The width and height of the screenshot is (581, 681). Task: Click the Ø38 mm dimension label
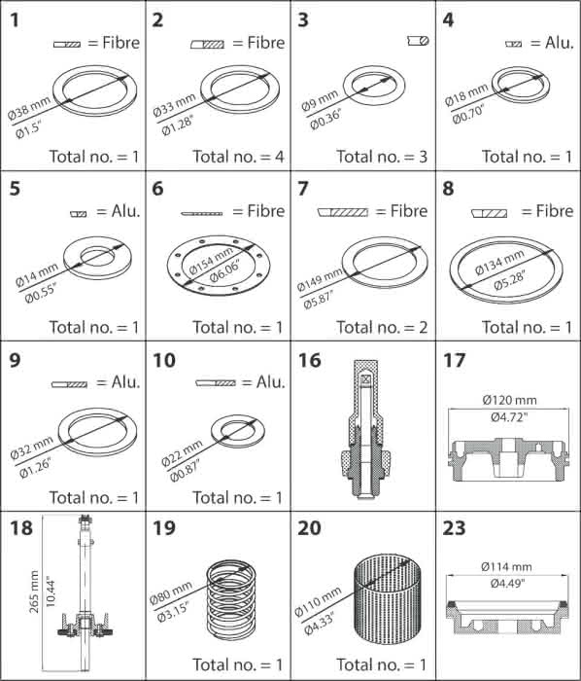[x=29, y=107]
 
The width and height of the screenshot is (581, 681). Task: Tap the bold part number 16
[x=310, y=361]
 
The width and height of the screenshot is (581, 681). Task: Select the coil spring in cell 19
[x=231, y=600]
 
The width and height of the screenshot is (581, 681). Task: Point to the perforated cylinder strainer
[x=388, y=602]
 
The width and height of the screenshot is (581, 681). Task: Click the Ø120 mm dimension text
[x=509, y=400]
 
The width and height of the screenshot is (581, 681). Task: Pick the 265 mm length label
[x=34, y=591]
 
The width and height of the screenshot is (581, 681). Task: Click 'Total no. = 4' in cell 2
[x=238, y=157]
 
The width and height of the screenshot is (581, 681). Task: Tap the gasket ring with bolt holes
[x=219, y=265]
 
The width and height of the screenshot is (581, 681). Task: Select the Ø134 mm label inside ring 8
[x=499, y=263]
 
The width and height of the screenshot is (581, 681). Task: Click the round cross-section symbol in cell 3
[x=419, y=41]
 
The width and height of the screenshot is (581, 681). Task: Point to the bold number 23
[x=454, y=528]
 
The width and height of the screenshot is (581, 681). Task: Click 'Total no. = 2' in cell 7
[x=382, y=327]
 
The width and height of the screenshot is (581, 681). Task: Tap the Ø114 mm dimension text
[x=506, y=567]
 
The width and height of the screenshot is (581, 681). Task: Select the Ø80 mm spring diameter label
[x=170, y=592]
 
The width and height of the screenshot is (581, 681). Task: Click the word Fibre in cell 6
[x=266, y=211]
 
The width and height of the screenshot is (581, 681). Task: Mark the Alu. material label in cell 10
[x=270, y=382]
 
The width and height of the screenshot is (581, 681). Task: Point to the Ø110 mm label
[x=318, y=600]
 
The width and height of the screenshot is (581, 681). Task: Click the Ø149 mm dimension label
[x=319, y=280]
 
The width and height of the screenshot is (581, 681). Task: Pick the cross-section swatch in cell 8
[x=489, y=213]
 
